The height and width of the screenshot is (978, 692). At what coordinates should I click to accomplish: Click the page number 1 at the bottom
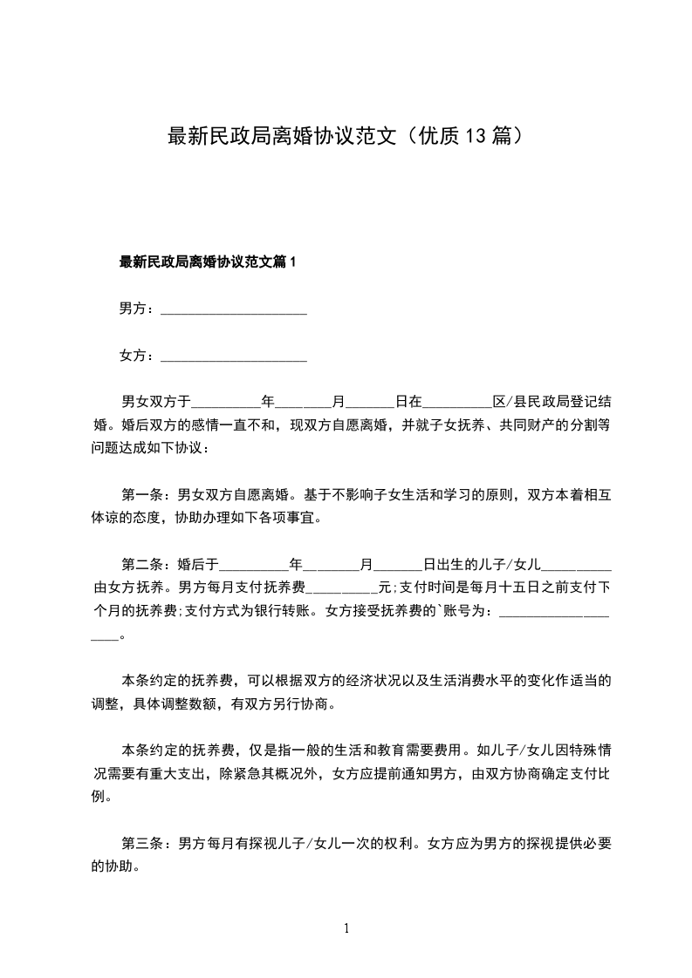tap(346, 928)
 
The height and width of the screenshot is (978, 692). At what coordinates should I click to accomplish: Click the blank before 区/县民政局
tap(457, 402)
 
